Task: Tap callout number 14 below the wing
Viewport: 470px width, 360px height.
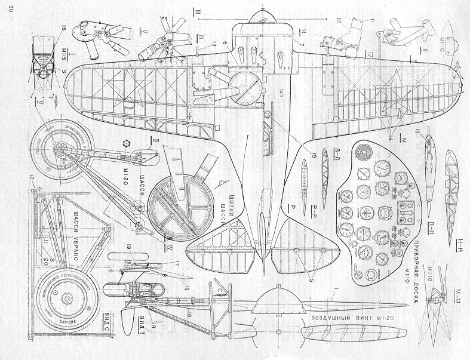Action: point(391,139)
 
